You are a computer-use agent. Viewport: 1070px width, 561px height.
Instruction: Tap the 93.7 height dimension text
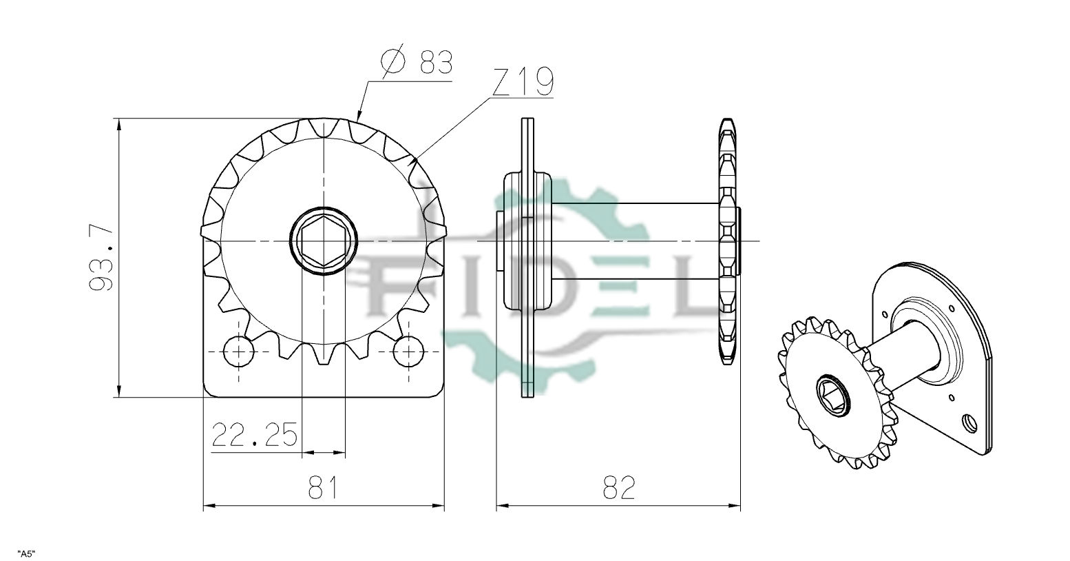101,258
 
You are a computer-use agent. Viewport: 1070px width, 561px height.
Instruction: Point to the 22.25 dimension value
254,434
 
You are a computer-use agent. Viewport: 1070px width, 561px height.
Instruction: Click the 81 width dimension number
323,487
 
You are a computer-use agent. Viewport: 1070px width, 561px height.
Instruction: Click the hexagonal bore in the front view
324,241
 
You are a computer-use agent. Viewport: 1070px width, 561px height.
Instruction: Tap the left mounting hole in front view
238,351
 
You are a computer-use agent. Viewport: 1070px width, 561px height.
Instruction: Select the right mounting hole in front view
408,351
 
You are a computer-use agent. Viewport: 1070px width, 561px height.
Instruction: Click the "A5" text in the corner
26,554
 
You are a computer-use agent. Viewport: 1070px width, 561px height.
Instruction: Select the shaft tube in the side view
636,241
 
